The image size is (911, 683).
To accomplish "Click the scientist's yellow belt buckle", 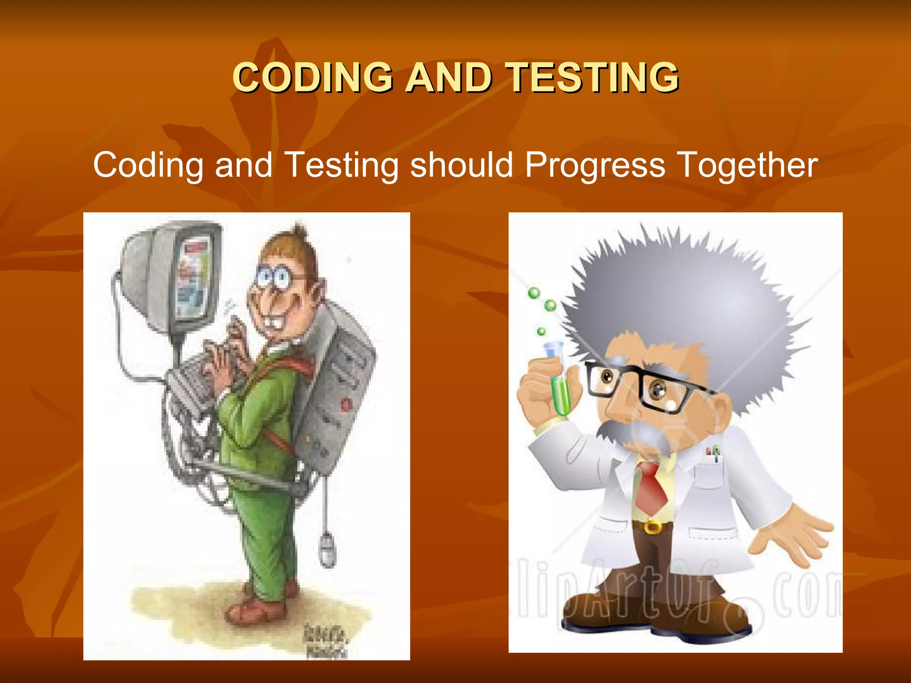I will [653, 527].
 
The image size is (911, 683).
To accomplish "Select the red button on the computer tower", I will [346, 404].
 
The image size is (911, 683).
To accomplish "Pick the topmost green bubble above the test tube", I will [534, 293].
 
